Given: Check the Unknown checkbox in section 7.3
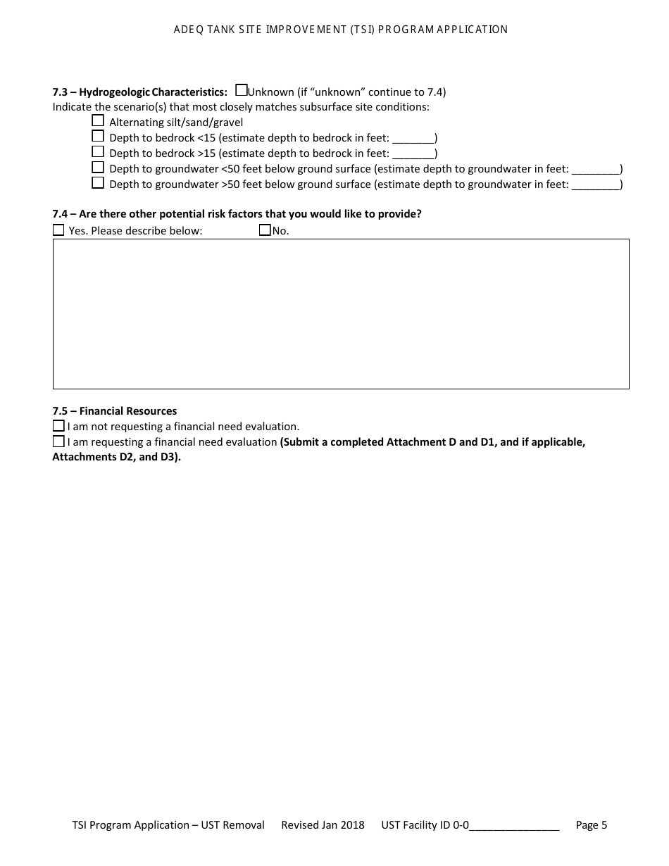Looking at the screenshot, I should coord(241,90).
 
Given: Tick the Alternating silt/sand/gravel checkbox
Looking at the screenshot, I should coord(98,120).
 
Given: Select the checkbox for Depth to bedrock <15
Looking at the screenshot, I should coord(98,136).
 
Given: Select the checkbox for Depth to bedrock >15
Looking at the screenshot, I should coord(98,151).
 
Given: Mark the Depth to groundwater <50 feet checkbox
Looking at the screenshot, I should coord(98,168).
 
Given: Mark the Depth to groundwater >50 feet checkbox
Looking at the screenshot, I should coord(98,183).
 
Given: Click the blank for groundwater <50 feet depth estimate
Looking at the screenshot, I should coord(595,170).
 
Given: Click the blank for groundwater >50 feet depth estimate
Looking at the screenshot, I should coord(595,185).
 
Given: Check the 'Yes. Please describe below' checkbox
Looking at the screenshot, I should coord(58,230).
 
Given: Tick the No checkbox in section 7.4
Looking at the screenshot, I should coord(265,230).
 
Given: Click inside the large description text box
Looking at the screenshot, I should coord(341,314).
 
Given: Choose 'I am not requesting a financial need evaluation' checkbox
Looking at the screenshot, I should coord(58,426).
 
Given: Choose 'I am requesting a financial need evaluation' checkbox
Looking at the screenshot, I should coord(58,441).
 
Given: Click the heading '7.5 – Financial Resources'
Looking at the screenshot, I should coord(115,411).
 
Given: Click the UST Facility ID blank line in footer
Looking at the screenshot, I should coord(514,826).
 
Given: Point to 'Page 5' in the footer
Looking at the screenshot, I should coord(591,825).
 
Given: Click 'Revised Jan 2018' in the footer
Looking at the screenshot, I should coord(323,825).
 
